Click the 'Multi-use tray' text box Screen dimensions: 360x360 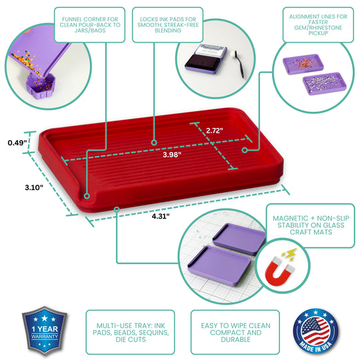tap(129, 330)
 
